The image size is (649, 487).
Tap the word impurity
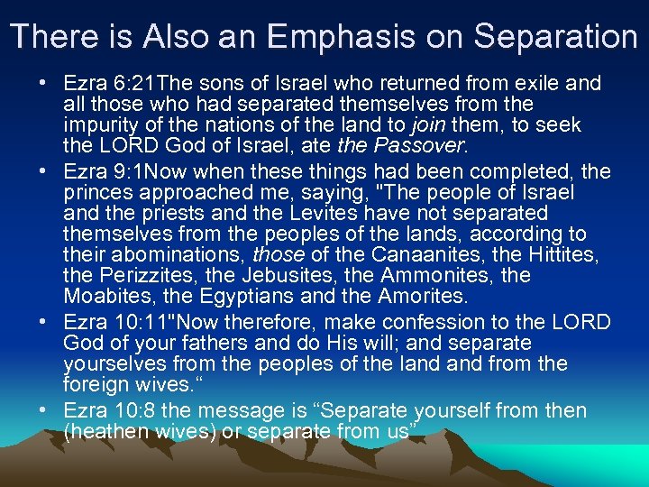pyautogui.click(x=103, y=124)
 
